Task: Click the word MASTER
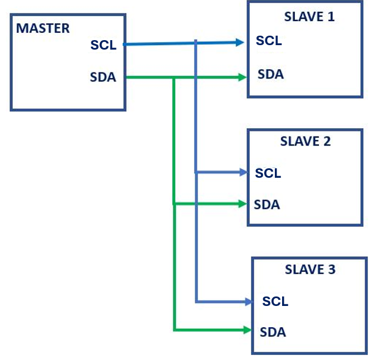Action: coord(43,28)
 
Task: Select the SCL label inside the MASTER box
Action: coord(103,46)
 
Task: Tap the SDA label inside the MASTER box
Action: coord(103,77)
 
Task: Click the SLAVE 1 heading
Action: coord(309,16)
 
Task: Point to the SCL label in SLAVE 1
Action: coord(269,41)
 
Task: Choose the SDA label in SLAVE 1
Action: coord(270,74)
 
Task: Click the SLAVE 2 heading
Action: coord(306,142)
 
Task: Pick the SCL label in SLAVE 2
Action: coord(268,173)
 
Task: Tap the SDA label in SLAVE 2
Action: coord(267,205)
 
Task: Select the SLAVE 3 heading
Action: coord(310,270)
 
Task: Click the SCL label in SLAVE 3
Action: coord(275,301)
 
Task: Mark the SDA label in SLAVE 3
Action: coord(273,332)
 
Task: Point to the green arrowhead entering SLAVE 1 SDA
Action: coord(243,77)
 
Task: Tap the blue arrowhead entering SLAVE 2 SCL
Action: coord(243,173)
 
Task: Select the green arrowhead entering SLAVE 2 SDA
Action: coord(243,204)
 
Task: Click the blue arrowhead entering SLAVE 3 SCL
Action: coord(248,302)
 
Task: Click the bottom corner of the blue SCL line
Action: coord(196,302)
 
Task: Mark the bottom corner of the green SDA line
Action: coord(175,330)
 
